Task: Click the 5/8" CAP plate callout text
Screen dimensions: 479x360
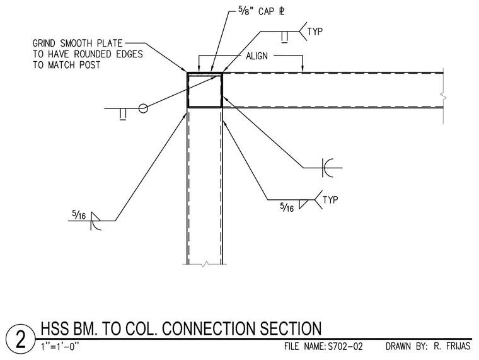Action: pos(261,11)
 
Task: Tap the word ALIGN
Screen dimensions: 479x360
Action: pos(257,56)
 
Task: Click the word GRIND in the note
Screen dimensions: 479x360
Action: pos(44,43)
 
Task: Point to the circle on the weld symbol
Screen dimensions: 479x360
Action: pos(143,108)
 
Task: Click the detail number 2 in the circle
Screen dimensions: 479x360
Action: pos(20,339)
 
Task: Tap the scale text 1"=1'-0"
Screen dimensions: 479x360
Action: pos(60,347)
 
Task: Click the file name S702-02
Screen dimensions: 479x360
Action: pos(345,347)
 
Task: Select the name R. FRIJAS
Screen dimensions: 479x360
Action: pos(452,346)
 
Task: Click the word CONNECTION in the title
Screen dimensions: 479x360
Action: pos(210,328)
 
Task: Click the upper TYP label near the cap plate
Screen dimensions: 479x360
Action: pos(315,32)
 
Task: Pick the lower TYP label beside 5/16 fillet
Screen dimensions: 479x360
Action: pos(330,200)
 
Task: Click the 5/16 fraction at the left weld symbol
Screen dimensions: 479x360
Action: pos(79,214)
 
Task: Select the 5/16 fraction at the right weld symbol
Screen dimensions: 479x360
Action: pos(287,207)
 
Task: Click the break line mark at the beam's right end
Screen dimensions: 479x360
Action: pos(443,98)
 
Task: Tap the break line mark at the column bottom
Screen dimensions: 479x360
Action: pos(205,264)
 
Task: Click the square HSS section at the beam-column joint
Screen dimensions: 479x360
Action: pos(205,90)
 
